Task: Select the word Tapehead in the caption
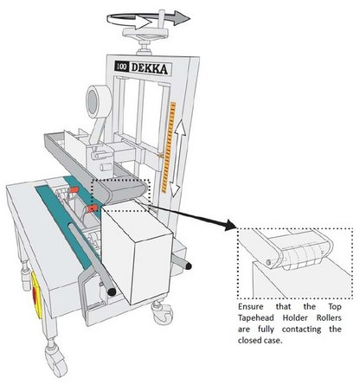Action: click(x=261, y=318)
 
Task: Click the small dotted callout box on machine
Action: click(x=122, y=194)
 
